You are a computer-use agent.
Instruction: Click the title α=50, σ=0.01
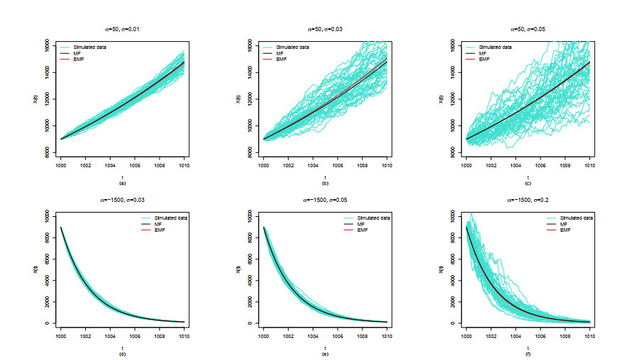[123, 30]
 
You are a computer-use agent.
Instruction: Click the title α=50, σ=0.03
[325, 30]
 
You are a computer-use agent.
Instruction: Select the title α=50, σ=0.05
[528, 30]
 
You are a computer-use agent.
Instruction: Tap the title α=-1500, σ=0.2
[528, 200]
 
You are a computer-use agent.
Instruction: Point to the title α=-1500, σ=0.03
[123, 200]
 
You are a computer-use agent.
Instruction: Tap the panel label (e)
[325, 351]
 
